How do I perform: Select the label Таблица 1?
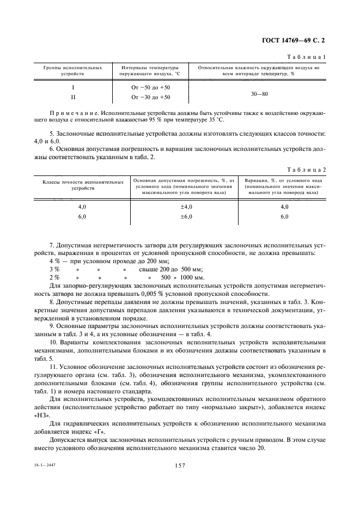point(309,56)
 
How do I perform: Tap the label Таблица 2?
point(308,170)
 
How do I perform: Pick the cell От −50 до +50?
point(150,87)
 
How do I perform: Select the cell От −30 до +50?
point(150,97)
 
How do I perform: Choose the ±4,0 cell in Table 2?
point(186,207)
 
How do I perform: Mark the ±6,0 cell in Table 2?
point(186,216)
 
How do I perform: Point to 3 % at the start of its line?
point(54,269)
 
